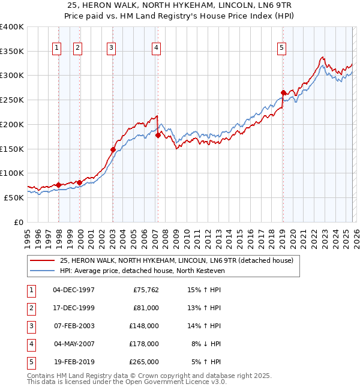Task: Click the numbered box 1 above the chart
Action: click(57, 49)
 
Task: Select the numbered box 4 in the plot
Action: click(156, 49)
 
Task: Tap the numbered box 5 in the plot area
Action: click(282, 49)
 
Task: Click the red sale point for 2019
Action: click(283, 92)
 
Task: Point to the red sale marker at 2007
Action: click(158, 135)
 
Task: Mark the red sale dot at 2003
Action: click(113, 149)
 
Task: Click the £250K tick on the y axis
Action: click(12, 100)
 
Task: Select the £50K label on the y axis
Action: click(14, 197)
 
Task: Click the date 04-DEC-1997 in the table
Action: click(74, 290)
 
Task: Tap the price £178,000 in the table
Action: click(143, 344)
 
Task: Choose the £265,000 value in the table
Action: click(143, 362)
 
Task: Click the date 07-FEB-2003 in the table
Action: click(74, 326)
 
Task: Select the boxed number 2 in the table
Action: click(30, 308)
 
